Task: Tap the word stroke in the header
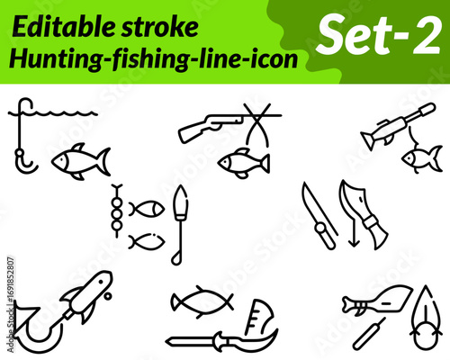pyautogui.click(x=160, y=27)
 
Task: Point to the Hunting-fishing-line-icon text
pyautogui.click(x=154, y=59)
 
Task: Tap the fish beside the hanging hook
pyautogui.click(x=81, y=161)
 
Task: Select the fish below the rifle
pyautogui.click(x=244, y=163)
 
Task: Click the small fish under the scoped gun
pyautogui.click(x=422, y=158)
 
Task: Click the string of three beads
pyautogui.click(x=117, y=211)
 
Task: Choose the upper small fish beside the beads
pyautogui.click(x=147, y=209)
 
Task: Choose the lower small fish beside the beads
pyautogui.click(x=147, y=242)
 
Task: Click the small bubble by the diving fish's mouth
pyautogui.click(x=107, y=296)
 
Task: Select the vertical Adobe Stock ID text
pyautogui.click(x=11, y=304)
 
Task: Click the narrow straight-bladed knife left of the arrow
pyautogui.click(x=319, y=217)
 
